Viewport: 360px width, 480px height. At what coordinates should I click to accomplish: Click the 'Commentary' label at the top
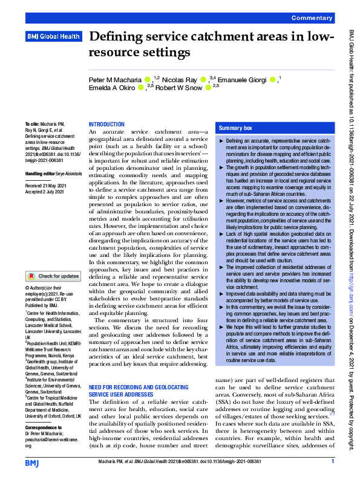click(312, 19)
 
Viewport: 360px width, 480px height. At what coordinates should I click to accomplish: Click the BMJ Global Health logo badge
click(53, 37)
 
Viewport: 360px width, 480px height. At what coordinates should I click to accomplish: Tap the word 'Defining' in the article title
click(115, 37)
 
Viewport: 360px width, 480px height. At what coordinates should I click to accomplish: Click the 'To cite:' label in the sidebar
click(32, 123)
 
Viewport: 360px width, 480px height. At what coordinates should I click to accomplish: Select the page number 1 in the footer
click(333, 462)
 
